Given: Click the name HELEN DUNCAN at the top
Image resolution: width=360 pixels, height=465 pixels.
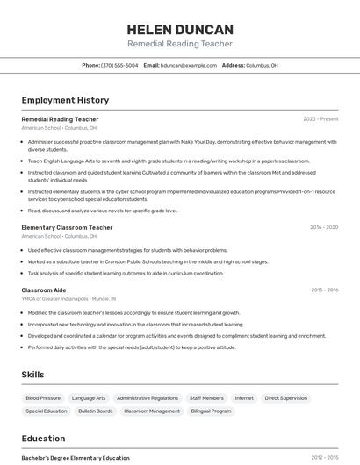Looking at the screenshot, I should [180, 29].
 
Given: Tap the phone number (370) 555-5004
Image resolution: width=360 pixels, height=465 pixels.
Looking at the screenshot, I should [119, 66].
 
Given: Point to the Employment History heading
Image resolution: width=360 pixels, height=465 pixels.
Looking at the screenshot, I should [65, 100].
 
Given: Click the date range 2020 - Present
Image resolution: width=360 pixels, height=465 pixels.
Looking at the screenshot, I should [320, 119].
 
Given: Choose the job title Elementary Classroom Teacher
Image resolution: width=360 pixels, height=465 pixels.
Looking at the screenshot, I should [67, 227].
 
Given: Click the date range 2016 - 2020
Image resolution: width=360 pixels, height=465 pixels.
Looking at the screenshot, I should [324, 227].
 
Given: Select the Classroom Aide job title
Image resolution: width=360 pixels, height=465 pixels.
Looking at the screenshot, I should [44, 290].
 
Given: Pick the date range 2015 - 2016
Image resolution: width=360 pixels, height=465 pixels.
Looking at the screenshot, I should [324, 290].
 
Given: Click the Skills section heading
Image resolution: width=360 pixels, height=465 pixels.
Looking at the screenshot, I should [33, 375].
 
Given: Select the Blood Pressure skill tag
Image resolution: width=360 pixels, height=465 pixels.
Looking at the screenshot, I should [43, 398].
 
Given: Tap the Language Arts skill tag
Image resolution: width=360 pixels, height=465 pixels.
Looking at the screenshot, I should [89, 398].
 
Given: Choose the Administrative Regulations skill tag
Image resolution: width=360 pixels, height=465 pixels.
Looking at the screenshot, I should [148, 398].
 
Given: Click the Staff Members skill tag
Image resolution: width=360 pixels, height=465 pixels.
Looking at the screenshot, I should [206, 398].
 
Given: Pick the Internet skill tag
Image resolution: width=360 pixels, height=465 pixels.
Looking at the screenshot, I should [244, 398].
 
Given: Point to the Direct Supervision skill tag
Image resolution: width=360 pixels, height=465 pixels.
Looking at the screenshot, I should [285, 398].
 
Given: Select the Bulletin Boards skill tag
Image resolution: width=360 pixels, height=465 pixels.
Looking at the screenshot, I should [96, 411].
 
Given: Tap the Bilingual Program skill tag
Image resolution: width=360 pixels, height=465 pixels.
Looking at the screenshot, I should [211, 411].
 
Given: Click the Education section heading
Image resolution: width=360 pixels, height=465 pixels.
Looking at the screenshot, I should [43, 439].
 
